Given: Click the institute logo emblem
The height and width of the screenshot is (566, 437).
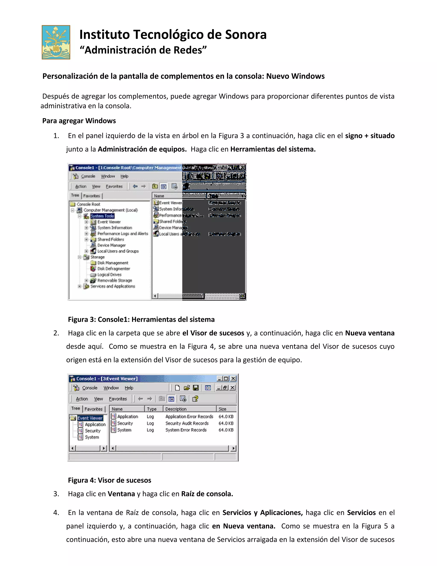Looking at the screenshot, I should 56,42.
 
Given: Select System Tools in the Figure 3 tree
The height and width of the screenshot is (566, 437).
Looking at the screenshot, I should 102,216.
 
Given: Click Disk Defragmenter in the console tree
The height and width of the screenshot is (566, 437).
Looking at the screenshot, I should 113,269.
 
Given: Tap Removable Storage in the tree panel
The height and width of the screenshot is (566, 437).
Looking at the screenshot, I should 114,280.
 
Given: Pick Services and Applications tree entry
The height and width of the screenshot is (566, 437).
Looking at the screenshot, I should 113,286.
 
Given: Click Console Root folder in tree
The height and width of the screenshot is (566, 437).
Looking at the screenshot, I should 88,204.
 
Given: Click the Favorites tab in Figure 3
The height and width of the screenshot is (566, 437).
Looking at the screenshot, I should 91,196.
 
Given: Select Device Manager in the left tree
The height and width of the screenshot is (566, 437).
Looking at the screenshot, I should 111,245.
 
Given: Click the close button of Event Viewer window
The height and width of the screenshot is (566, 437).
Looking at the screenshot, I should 233,379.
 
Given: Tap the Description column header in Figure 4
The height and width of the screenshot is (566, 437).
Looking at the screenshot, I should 176,409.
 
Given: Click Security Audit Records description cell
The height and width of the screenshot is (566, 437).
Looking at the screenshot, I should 187,423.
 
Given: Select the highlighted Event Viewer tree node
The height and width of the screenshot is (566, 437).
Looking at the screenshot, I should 90,418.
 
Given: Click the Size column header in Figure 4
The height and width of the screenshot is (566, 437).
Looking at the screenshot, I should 222,409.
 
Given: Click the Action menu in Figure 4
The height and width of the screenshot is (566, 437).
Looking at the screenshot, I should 82,399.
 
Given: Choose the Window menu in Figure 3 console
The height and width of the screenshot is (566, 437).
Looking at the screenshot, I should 108,176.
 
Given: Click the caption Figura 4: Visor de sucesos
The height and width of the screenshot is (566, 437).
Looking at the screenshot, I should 109,480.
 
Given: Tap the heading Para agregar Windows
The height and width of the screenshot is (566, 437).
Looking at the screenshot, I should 79,121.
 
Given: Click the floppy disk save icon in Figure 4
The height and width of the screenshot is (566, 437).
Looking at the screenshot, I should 196,388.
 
